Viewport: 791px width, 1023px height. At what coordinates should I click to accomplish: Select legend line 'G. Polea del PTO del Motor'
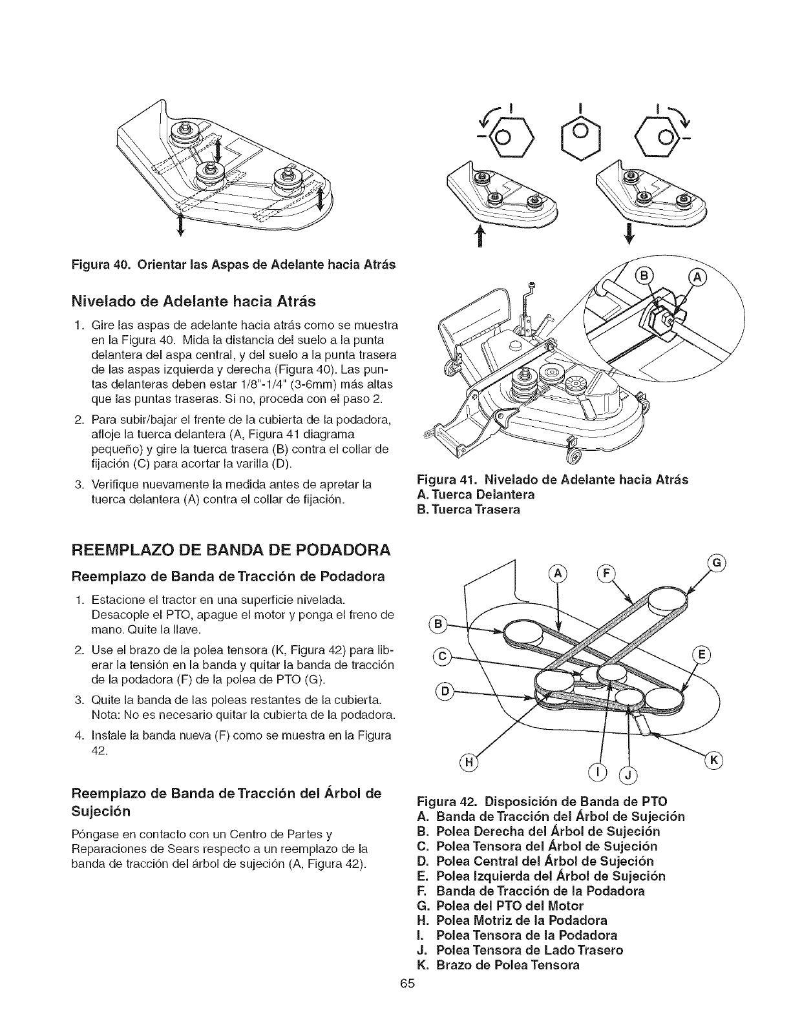(x=501, y=905)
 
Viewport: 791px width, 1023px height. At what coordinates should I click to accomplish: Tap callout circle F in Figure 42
(x=608, y=571)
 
